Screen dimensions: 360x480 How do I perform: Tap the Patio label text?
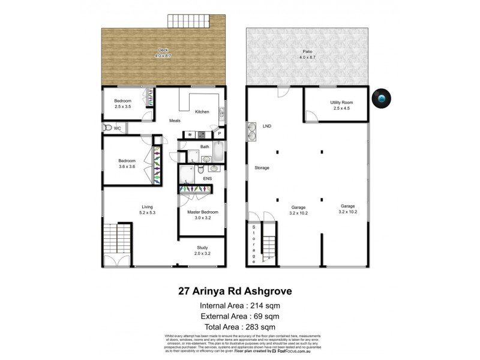click(x=307, y=58)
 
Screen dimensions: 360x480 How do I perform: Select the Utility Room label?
click(x=341, y=103)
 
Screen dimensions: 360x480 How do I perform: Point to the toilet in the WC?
click(x=109, y=128)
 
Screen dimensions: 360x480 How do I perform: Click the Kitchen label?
click(x=202, y=112)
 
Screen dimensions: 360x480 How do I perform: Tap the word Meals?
click(x=175, y=121)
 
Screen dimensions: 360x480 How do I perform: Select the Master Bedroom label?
click(x=202, y=212)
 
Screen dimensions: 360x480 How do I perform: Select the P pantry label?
click(x=220, y=134)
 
